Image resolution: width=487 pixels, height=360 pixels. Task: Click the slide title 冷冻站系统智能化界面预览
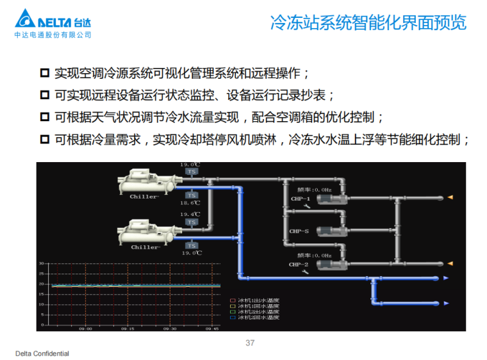(x=368, y=24)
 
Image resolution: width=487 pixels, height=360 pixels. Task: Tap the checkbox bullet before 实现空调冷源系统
(x=44, y=72)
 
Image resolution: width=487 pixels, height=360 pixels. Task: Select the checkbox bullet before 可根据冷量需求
(x=44, y=139)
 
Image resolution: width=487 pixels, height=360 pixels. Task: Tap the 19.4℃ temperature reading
(x=190, y=214)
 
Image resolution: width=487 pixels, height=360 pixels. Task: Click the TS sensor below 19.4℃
(x=191, y=222)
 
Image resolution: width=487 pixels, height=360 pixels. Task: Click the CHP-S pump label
(x=299, y=231)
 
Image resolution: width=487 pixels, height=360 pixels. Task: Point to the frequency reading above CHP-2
(x=314, y=256)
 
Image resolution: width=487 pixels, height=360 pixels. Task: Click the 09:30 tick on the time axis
(x=170, y=329)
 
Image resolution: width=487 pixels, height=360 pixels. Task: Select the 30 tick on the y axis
(x=41, y=263)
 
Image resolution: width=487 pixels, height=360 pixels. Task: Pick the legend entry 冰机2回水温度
(x=258, y=317)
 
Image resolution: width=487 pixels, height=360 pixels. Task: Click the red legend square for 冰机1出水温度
(x=233, y=300)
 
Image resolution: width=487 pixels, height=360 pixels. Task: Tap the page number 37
(x=250, y=343)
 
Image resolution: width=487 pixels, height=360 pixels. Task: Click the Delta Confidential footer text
(x=42, y=354)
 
